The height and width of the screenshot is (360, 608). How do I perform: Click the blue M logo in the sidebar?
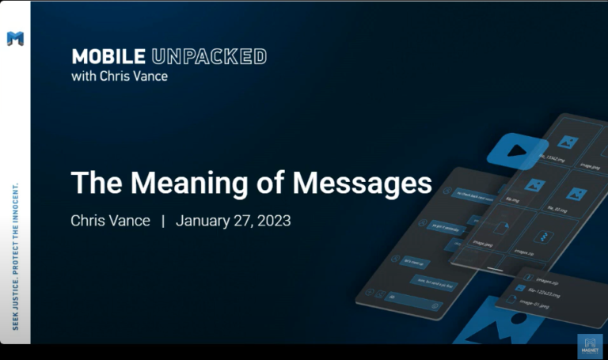pyautogui.click(x=15, y=38)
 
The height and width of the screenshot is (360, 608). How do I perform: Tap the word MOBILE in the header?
pyautogui.click(x=108, y=57)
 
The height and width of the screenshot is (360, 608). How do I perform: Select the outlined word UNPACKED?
pyautogui.click(x=208, y=57)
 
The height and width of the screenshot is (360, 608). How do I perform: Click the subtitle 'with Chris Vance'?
pyautogui.click(x=120, y=77)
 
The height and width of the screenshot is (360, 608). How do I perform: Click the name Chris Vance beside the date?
pyautogui.click(x=110, y=221)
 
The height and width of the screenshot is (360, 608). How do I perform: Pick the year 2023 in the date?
pyautogui.click(x=273, y=221)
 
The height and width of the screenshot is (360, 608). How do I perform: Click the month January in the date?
pyautogui.click(x=204, y=221)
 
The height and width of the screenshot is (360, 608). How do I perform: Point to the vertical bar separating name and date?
pyautogui.click(x=163, y=221)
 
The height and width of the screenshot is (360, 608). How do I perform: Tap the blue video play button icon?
pyautogui.click(x=517, y=150)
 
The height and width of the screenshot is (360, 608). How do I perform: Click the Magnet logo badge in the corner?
pyautogui.click(x=589, y=347)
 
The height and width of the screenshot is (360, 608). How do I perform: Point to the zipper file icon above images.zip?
pyautogui.click(x=544, y=237)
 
